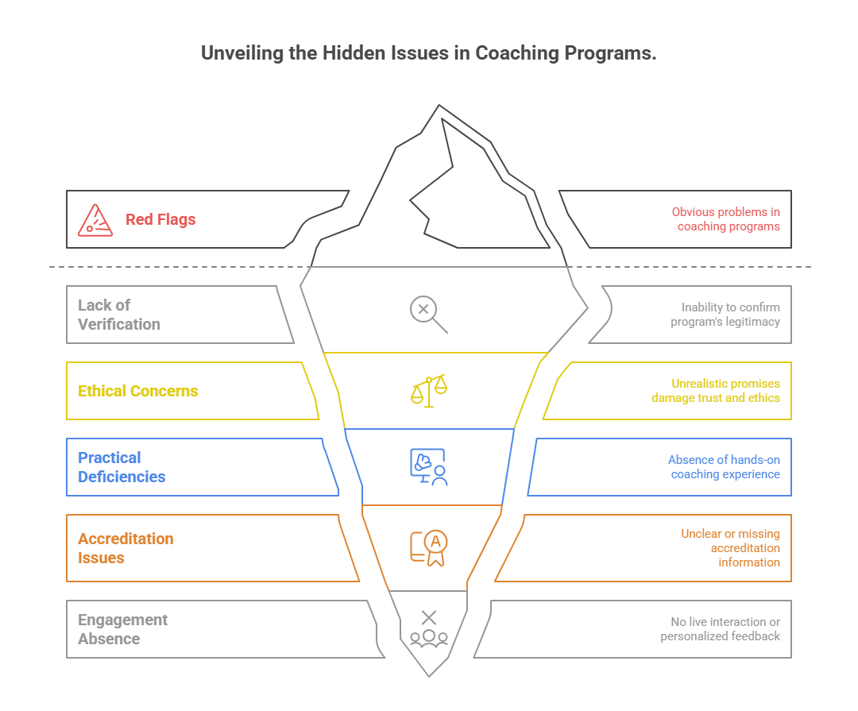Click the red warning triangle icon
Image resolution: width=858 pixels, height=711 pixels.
tap(95, 220)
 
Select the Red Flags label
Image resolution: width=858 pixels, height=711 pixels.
tap(160, 220)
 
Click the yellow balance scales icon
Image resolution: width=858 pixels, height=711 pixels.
tap(429, 391)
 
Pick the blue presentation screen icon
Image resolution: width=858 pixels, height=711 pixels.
tap(429, 467)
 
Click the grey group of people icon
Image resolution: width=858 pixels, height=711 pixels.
tap(429, 628)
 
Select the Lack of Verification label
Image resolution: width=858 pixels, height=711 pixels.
tap(119, 315)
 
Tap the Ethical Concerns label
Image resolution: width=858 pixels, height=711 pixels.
tap(138, 391)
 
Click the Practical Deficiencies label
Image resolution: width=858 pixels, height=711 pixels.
tap(122, 467)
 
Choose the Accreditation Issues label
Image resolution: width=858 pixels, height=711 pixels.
tap(126, 548)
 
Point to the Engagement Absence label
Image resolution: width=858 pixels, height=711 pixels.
tap(122, 629)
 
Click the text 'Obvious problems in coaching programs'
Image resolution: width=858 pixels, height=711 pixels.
tap(726, 219)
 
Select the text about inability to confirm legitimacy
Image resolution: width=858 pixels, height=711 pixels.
tap(725, 315)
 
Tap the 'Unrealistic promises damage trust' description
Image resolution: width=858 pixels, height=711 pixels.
tap(716, 391)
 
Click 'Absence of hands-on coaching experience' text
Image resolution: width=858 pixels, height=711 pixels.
tap(724, 467)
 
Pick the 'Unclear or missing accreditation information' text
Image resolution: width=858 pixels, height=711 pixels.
tap(730, 548)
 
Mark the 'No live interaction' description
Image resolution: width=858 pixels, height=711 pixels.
tap(721, 629)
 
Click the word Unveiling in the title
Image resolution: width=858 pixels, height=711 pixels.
tap(239, 53)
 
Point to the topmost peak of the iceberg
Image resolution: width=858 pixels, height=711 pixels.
tap(438, 106)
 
